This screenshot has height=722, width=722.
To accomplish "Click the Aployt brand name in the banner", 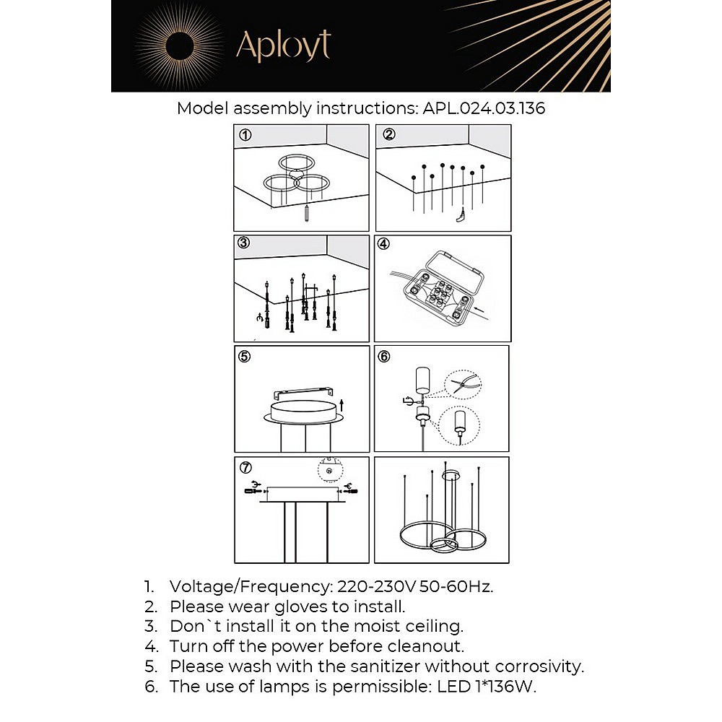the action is click(283, 45).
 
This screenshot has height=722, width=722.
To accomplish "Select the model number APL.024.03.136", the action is click(484, 108).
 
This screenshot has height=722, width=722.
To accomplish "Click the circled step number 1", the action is click(245, 135).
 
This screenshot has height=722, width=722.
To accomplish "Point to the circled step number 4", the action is click(383, 243).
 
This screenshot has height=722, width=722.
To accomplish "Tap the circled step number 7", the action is click(246, 467).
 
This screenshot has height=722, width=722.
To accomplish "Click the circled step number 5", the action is click(245, 356).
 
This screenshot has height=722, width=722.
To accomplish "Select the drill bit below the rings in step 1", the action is click(307, 214).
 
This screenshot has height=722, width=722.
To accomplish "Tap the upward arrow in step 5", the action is click(342, 405).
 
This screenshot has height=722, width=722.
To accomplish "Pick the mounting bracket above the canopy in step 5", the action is click(303, 393).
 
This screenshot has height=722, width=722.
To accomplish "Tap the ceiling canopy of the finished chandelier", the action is click(451, 474).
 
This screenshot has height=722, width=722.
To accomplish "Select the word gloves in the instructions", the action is click(300, 607).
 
